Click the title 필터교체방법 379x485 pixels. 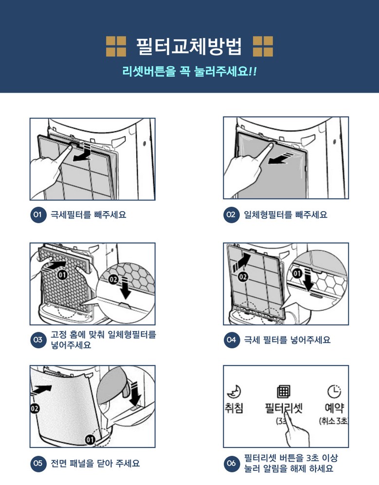point(189,47)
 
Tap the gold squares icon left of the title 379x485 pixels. point(116,46)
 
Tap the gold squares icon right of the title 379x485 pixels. point(263,46)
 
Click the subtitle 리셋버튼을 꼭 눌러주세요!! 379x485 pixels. point(189,72)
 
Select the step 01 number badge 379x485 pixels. point(38,215)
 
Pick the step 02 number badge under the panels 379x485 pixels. point(231,215)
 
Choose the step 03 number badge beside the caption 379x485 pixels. point(38,340)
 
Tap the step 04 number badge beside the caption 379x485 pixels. point(232,340)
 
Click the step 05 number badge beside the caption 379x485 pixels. point(38,463)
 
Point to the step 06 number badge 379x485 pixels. point(232,463)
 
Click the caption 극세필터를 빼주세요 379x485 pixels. point(89,215)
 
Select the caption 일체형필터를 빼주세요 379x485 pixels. point(286,215)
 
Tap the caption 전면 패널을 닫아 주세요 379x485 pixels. point(95,463)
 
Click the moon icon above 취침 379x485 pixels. point(234,392)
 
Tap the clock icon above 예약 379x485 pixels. point(334,392)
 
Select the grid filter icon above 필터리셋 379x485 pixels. point(284,391)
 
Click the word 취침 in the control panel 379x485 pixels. point(234,408)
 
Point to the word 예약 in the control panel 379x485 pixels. point(334,408)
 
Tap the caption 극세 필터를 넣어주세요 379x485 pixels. point(288,340)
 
